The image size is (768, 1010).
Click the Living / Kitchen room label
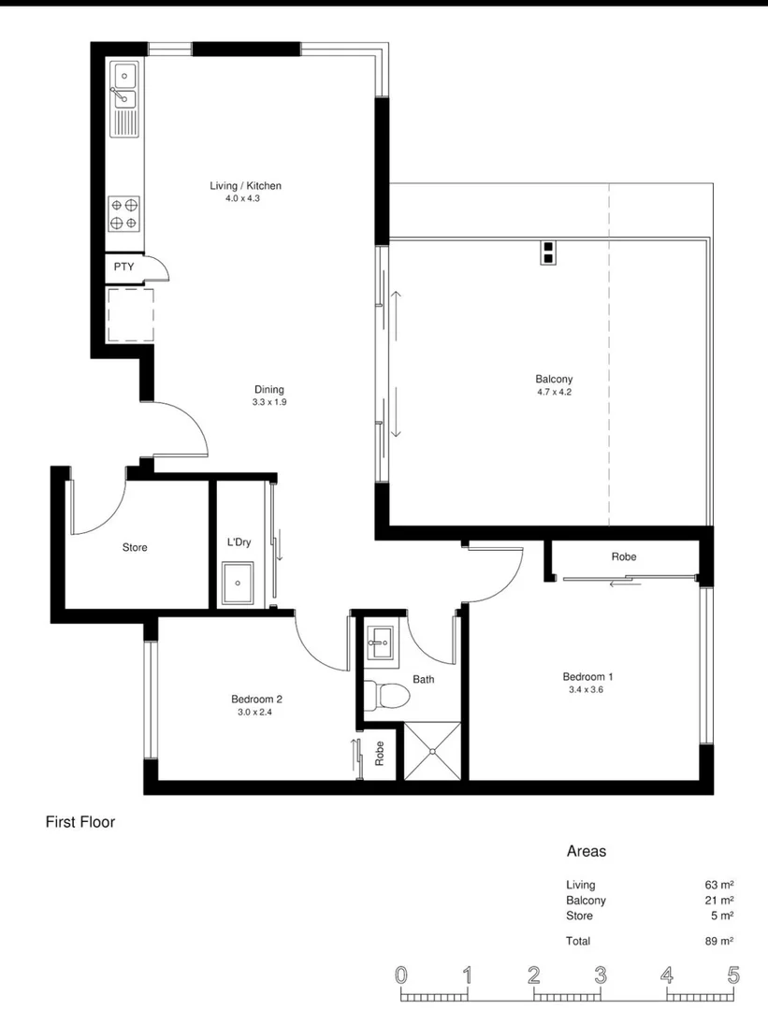coord(245,186)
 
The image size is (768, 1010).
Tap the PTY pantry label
coord(123,267)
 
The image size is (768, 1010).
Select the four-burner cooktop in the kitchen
coord(124,213)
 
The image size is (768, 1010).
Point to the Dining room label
coord(268,390)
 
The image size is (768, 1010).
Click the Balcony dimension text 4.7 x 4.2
coord(554,392)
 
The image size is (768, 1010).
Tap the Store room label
coord(135,547)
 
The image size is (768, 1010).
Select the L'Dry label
coord(239,542)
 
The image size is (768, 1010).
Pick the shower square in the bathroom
coord(434,749)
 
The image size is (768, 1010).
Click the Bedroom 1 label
coord(587,677)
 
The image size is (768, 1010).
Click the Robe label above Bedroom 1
coord(624,556)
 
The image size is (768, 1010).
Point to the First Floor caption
coord(80,822)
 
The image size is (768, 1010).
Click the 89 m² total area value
coord(718,941)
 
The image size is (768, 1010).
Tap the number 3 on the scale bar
coord(599,976)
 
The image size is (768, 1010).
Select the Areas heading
coord(587,851)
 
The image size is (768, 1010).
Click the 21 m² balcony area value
coord(718,901)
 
